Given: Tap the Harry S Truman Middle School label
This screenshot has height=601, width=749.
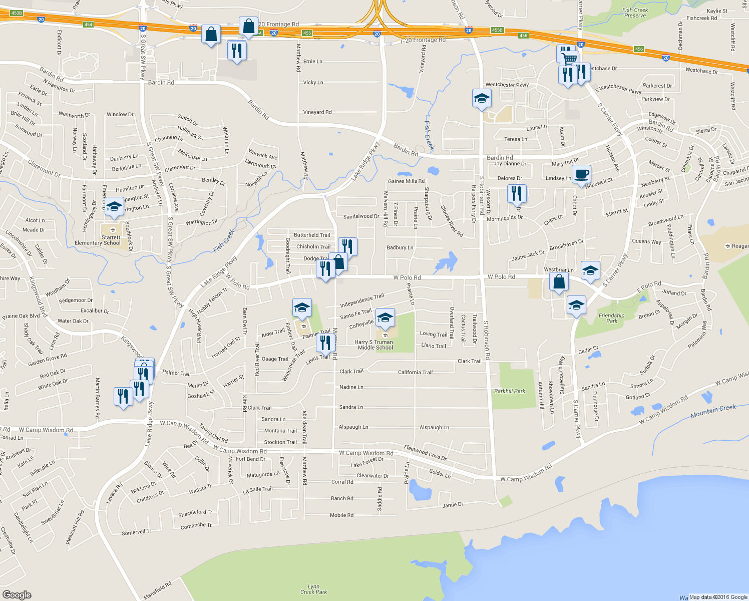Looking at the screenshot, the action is pos(376,345).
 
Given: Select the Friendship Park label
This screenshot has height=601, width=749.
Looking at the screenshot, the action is pos(611,318).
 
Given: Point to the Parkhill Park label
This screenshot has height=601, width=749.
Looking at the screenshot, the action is pos(510,391).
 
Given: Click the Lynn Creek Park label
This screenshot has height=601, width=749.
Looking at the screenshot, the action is pos(313,589).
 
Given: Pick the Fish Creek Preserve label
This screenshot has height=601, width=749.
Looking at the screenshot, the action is pos(635,13).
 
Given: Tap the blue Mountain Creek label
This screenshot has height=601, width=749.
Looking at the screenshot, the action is pos(713,411).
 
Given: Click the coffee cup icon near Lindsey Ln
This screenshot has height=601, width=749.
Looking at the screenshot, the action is pos(581,175).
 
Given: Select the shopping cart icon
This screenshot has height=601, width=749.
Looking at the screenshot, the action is pos(570,59).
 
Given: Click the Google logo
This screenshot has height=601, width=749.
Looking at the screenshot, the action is pos(17,594).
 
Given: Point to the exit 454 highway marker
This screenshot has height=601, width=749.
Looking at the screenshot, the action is pos(88,25).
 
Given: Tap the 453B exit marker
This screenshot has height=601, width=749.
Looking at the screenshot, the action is pos(17,13).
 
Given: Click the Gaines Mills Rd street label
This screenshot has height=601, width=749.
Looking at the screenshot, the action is pos(406,181).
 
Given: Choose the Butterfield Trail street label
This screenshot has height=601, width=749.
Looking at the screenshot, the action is pos(312,235).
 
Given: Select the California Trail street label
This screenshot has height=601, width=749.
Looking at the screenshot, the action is pos(415,372).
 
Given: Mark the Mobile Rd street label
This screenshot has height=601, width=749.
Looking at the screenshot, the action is pos(341,515).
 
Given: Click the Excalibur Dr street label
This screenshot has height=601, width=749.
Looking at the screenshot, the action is pos(95,311).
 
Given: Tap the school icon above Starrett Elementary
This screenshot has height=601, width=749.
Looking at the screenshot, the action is pos(114,207).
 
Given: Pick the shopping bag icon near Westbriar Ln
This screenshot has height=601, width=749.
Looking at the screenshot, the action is pos(559,281).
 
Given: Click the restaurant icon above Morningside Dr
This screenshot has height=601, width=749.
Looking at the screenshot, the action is pos(516,193).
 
